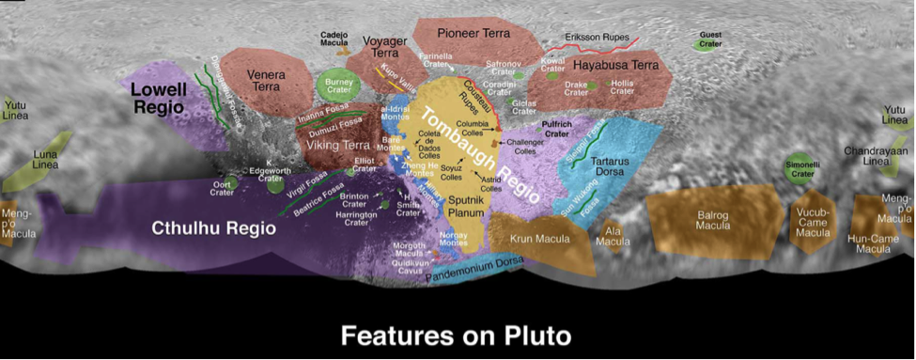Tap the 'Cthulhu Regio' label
(x=214, y=228)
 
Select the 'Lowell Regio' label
(x=160, y=99)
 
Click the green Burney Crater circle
(x=337, y=85)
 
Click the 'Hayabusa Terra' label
(x=616, y=66)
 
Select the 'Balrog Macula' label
(x=711, y=220)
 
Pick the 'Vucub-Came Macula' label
(x=813, y=218)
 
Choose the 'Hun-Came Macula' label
(x=874, y=243)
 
